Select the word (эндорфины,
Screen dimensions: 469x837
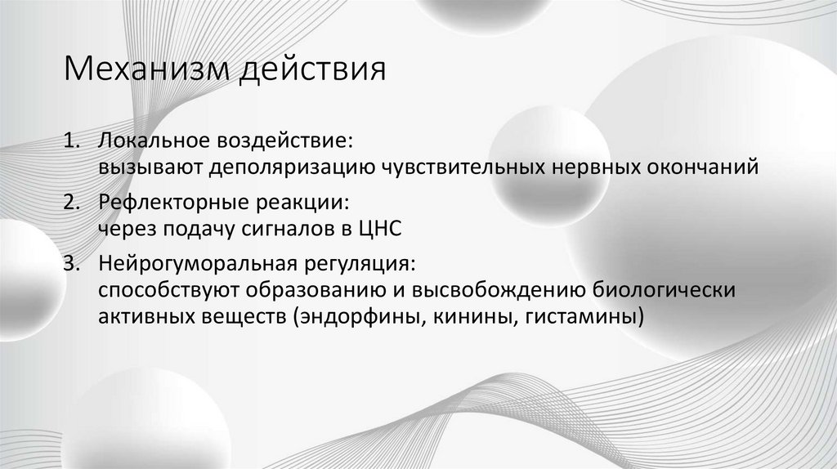355,318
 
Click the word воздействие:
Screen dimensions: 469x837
287,141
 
